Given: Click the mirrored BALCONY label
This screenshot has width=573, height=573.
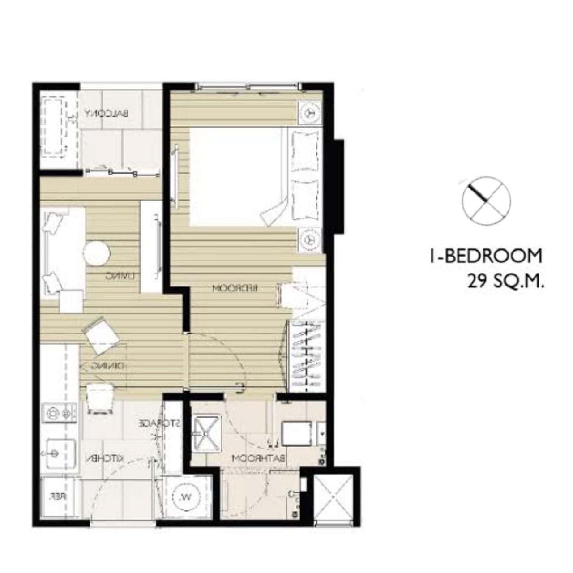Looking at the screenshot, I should point(107,114).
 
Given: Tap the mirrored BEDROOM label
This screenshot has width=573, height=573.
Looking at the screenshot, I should point(235,288).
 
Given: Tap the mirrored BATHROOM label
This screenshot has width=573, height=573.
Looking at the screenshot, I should point(259,458).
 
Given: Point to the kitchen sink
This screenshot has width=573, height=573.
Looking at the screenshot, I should point(60,453).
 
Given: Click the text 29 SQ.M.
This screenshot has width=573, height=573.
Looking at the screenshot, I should point(505,282).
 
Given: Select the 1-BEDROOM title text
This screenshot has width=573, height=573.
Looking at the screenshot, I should point(486,256).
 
